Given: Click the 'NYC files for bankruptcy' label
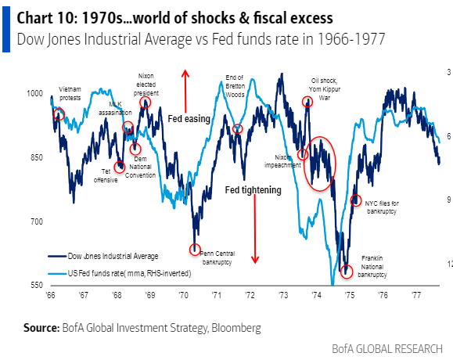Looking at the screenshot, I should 382,207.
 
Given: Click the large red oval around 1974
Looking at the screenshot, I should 320,163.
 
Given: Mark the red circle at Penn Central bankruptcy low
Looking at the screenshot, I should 195,250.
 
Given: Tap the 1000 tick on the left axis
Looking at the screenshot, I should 36,93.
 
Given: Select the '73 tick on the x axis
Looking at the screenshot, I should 282,297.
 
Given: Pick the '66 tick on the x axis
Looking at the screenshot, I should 51,297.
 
